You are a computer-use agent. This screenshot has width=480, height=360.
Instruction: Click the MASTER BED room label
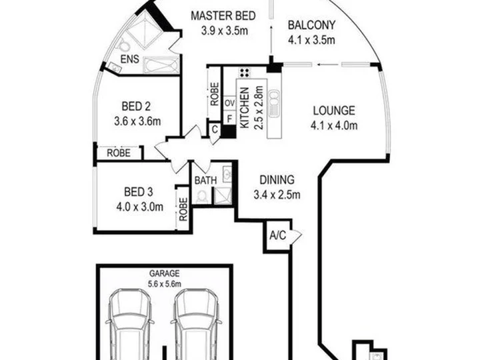pos(223,15)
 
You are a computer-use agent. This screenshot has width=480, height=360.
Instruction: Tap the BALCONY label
pos(311,25)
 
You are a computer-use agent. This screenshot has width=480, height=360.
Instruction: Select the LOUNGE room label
pos(334,111)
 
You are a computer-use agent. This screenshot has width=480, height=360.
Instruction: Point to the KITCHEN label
pos(244,108)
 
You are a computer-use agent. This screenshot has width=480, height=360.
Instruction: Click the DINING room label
pos(277,180)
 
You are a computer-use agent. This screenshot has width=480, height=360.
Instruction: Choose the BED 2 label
pos(136,107)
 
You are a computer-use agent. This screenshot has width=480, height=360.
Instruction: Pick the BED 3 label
pos(139,192)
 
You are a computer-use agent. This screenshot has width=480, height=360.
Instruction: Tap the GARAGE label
pos(165,273)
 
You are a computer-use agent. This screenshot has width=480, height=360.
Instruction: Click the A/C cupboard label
pos(277,235)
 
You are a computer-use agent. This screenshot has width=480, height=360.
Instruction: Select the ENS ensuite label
pos(130,59)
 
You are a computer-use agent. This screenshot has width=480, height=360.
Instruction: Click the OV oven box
pos(229,103)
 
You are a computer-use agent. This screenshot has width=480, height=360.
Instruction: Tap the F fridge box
pos(229,118)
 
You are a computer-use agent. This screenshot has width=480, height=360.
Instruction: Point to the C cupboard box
pos(215,129)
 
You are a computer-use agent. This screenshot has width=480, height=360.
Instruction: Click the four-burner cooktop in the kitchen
pos(245,73)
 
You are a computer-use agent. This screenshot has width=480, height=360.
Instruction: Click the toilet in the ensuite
pos(124,45)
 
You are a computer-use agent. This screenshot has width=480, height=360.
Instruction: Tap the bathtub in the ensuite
pos(161,65)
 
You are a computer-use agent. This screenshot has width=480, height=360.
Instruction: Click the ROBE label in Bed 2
pos(119,153)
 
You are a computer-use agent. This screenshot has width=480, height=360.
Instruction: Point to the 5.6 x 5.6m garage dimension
pos(165,284)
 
